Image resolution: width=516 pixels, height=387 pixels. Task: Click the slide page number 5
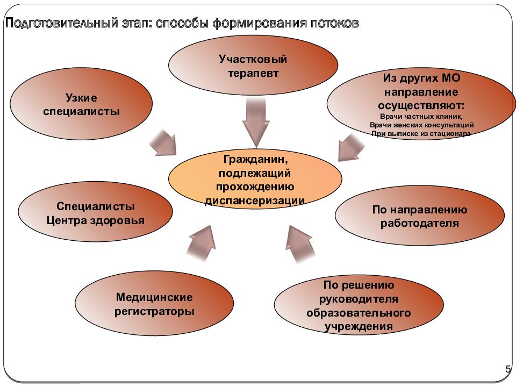(508, 369)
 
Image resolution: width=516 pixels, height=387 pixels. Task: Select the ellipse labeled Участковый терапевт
(253, 66)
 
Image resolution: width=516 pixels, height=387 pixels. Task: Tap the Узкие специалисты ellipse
(81, 104)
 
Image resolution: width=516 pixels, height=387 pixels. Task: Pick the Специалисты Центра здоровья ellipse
(96, 212)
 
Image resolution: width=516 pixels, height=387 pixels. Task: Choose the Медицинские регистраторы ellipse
(154, 304)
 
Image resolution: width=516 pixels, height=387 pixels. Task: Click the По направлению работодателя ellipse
(420, 216)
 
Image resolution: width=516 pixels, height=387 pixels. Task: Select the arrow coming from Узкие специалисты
(163, 142)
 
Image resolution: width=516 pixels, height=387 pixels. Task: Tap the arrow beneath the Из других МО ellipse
(351, 147)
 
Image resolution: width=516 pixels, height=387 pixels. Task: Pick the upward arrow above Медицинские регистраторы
(202, 243)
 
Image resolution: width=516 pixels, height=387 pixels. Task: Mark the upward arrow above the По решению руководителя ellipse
(299, 244)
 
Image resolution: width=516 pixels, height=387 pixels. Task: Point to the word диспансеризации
(255, 200)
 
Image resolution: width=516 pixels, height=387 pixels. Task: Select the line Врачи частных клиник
(421, 116)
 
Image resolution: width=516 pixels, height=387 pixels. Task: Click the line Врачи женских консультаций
(421, 125)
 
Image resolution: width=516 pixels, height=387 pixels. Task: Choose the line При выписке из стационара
(421, 134)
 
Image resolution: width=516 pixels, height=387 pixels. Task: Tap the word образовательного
(359, 312)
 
